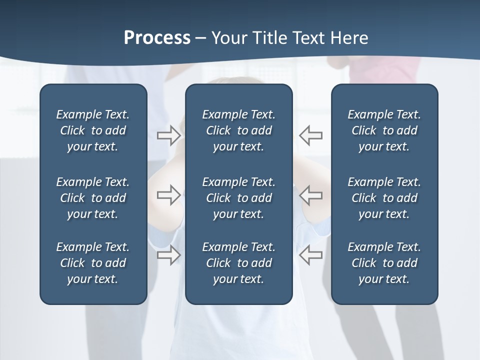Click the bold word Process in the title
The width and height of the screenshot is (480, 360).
click(157, 38)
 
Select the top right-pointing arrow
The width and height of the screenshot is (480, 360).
click(168, 135)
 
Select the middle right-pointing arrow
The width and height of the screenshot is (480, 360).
click(168, 195)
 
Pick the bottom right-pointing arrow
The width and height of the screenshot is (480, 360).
click(168, 255)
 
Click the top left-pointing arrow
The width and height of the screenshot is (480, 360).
click(310, 135)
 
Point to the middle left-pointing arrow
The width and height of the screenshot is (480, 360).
click(310, 195)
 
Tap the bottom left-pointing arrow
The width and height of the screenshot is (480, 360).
click(310, 255)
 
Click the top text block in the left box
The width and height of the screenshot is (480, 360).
click(93, 130)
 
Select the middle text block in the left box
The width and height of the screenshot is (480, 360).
click(93, 198)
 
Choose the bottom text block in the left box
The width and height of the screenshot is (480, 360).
click(93, 263)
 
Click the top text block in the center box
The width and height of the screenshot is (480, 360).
click(238, 130)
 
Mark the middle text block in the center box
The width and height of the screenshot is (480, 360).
click(238, 198)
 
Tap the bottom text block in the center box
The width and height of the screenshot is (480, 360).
click(238, 263)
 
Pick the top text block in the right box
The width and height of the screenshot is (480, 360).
click(384, 130)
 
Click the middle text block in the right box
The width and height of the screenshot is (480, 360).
click(384, 198)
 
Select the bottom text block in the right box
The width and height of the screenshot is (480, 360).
click(384, 263)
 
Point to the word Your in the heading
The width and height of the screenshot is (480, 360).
click(228, 38)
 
